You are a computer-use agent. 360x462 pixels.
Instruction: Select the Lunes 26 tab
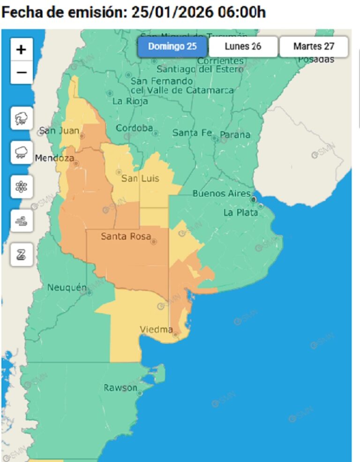pyautogui.click(x=243, y=46)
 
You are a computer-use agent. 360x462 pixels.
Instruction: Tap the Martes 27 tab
pyautogui.click(x=314, y=46)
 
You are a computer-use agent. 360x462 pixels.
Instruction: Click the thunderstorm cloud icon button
pyautogui.click(x=22, y=118)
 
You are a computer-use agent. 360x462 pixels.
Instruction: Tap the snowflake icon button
pyautogui.click(x=22, y=187)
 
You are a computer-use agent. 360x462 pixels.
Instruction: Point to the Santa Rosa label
pyautogui.click(x=126, y=237)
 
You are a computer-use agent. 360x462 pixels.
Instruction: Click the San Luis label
pyautogui.click(x=140, y=178)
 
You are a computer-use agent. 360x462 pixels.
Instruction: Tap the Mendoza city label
pyautogui.click(x=54, y=159)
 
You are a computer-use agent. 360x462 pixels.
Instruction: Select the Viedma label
pyautogui.click(x=156, y=330)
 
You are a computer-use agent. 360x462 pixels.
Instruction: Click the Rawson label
pyautogui.click(x=120, y=388)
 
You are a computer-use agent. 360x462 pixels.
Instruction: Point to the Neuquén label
pyautogui.click(x=67, y=287)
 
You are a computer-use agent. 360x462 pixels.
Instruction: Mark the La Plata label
pyautogui.click(x=240, y=212)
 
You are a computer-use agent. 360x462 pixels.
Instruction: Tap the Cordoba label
pyautogui.click(x=135, y=128)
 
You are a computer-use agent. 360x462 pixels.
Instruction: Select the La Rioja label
pyautogui.click(x=130, y=101)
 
